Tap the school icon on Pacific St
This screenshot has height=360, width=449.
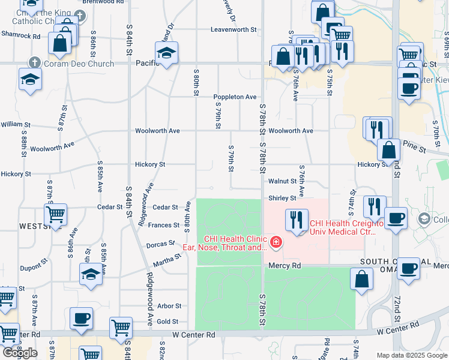pos(166,53)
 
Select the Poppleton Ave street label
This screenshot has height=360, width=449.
pos(235,97)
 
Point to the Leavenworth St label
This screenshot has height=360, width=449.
pos(234,29)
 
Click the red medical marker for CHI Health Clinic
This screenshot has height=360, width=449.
pos(276,242)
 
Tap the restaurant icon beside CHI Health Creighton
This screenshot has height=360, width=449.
pos(296,220)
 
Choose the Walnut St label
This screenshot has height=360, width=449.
pos(282,181)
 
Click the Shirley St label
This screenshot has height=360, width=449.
pos(282,197)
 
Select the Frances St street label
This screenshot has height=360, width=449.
pos(167,225)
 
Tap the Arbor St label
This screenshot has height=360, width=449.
pos(169,305)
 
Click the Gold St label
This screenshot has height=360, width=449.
pos(168,322)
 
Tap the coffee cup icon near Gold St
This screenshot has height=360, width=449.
pos(81,318)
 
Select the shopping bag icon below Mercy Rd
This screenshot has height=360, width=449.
pos(361,279)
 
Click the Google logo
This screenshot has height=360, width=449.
pos(20,352)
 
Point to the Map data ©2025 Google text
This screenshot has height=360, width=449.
pos(411,355)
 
